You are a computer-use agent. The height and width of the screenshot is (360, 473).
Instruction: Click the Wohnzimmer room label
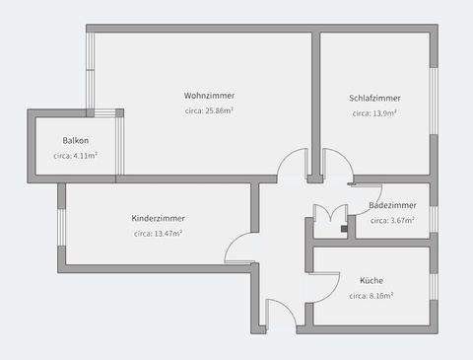pyautogui.click(x=209, y=96)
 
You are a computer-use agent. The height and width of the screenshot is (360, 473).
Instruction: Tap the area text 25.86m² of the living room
pyautogui.click(x=209, y=111)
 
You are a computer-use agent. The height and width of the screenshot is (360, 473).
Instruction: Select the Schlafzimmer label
pyautogui.click(x=374, y=98)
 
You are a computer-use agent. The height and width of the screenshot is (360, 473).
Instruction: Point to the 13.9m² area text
pyautogui.click(x=374, y=113)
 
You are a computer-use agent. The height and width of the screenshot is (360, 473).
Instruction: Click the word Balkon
pyautogui.click(x=76, y=140)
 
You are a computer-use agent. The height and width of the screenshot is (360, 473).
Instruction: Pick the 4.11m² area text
pyautogui.click(x=75, y=156)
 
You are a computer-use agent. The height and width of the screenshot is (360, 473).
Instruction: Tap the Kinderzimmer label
pyautogui.click(x=158, y=218)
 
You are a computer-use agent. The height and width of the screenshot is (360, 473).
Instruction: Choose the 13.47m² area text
pyautogui.click(x=158, y=234)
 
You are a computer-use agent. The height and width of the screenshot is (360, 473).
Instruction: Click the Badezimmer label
pyautogui.click(x=392, y=205)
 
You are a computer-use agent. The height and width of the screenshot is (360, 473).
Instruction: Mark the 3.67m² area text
pyautogui.click(x=392, y=221)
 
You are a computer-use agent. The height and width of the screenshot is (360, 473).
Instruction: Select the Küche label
pyautogui.click(x=372, y=280)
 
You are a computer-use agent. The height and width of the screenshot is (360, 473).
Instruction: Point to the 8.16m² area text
pyautogui.click(x=372, y=296)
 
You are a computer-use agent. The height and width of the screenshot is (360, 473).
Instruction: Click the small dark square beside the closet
pyautogui.click(x=344, y=228)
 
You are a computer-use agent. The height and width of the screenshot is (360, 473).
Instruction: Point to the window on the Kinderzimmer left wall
pyautogui.click(x=61, y=227)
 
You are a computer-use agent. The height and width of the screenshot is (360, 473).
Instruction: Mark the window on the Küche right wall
pyautogui.click(x=433, y=286)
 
